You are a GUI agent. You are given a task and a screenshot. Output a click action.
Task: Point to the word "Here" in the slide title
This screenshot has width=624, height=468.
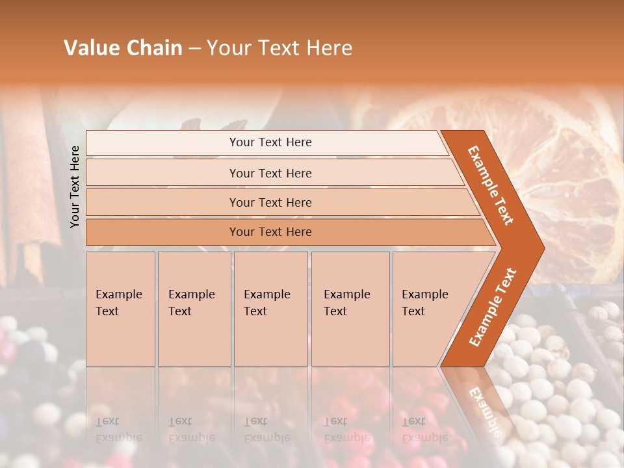[328, 48]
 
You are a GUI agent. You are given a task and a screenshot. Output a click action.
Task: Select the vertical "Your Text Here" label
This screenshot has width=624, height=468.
[75, 187]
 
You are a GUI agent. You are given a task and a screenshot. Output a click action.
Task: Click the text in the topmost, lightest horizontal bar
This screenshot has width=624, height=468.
[270, 142]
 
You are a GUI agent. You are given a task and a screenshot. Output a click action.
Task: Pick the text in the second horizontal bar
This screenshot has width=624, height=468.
[270, 174]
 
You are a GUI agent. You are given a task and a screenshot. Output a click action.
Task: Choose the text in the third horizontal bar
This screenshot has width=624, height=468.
[270, 203]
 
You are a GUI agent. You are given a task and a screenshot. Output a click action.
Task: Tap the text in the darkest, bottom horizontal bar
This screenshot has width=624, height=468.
[270, 232]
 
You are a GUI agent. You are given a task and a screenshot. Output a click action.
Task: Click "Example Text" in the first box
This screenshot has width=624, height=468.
[118, 303]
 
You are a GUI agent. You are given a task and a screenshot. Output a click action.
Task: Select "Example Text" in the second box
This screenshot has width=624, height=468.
[191, 303]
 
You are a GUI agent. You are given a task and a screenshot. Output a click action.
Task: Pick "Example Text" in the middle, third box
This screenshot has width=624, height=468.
[266, 303]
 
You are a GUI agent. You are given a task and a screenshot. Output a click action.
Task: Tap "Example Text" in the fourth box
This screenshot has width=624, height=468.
[346, 303]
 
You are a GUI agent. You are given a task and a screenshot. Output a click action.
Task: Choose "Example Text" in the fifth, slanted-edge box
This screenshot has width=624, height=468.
[424, 303]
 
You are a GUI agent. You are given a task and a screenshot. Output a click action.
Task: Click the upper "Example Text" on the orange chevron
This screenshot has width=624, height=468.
[491, 185]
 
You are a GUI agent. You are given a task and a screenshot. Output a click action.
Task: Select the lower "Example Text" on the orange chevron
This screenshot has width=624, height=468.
[493, 307]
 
